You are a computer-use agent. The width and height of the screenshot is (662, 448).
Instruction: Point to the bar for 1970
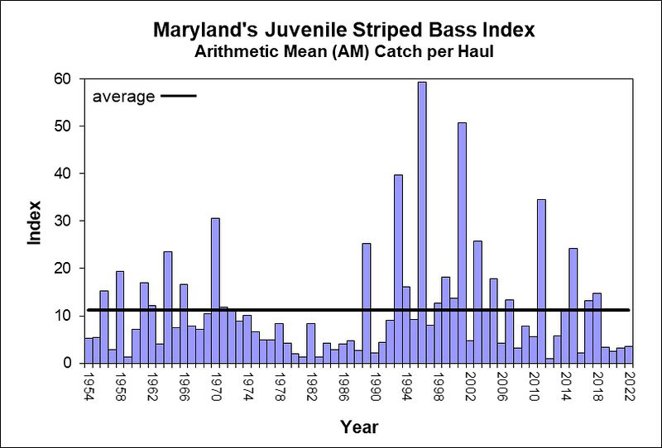point(215,290)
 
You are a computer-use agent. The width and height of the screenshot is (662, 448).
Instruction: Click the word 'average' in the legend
point(123,97)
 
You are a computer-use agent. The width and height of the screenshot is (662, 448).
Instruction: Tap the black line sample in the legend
point(178,97)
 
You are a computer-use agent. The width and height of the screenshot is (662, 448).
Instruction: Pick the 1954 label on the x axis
point(89,386)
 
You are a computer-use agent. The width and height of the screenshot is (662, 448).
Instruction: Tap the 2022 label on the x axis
point(628,386)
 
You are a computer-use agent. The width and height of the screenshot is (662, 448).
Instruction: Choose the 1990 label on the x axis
point(374,386)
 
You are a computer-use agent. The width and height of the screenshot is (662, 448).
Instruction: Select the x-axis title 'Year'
point(358,427)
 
